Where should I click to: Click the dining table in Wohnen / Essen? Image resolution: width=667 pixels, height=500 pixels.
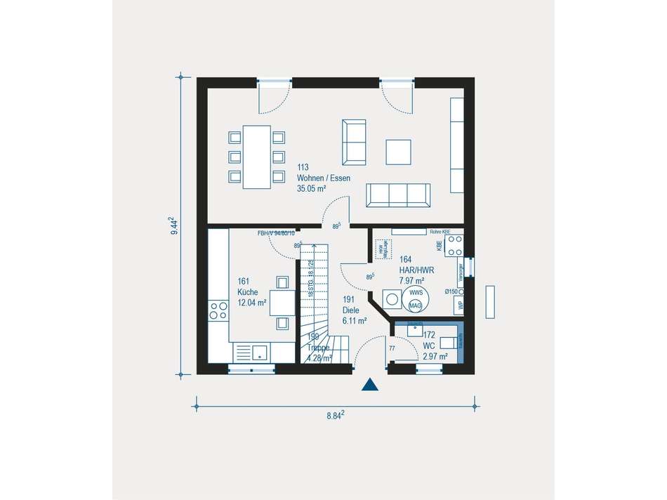[x=256, y=157]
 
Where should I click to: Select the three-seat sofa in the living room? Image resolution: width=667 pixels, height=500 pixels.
[x=398, y=195]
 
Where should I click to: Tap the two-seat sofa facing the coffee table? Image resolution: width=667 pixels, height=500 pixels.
[x=354, y=141]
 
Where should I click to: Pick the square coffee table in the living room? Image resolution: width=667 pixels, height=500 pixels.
[x=398, y=152]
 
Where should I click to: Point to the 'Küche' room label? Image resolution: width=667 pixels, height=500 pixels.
[x=247, y=292]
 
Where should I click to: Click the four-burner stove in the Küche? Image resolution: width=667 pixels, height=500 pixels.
[x=218, y=310]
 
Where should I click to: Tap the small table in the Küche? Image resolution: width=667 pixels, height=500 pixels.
[x=282, y=303]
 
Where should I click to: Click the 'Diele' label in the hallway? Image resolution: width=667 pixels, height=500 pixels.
[x=350, y=310]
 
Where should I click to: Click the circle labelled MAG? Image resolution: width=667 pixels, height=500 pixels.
[x=415, y=306]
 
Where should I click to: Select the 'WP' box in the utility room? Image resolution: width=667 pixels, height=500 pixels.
[x=461, y=305]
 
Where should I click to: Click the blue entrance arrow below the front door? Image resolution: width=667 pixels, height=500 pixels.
[x=369, y=384]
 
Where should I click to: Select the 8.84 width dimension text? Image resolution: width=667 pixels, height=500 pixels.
[x=336, y=415]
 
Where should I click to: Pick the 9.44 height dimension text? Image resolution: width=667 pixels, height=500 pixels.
[x=174, y=228]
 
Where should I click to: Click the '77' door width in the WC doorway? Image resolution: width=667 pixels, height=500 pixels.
[x=392, y=348]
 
